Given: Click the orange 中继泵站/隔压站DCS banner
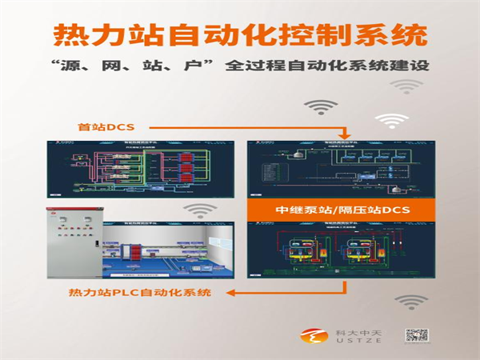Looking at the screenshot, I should pyautogui.click(x=342, y=210).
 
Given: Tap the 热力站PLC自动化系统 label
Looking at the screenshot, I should pyautogui.click(x=140, y=293).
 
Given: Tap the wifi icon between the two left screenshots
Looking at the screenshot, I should pyautogui.click(x=196, y=210).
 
